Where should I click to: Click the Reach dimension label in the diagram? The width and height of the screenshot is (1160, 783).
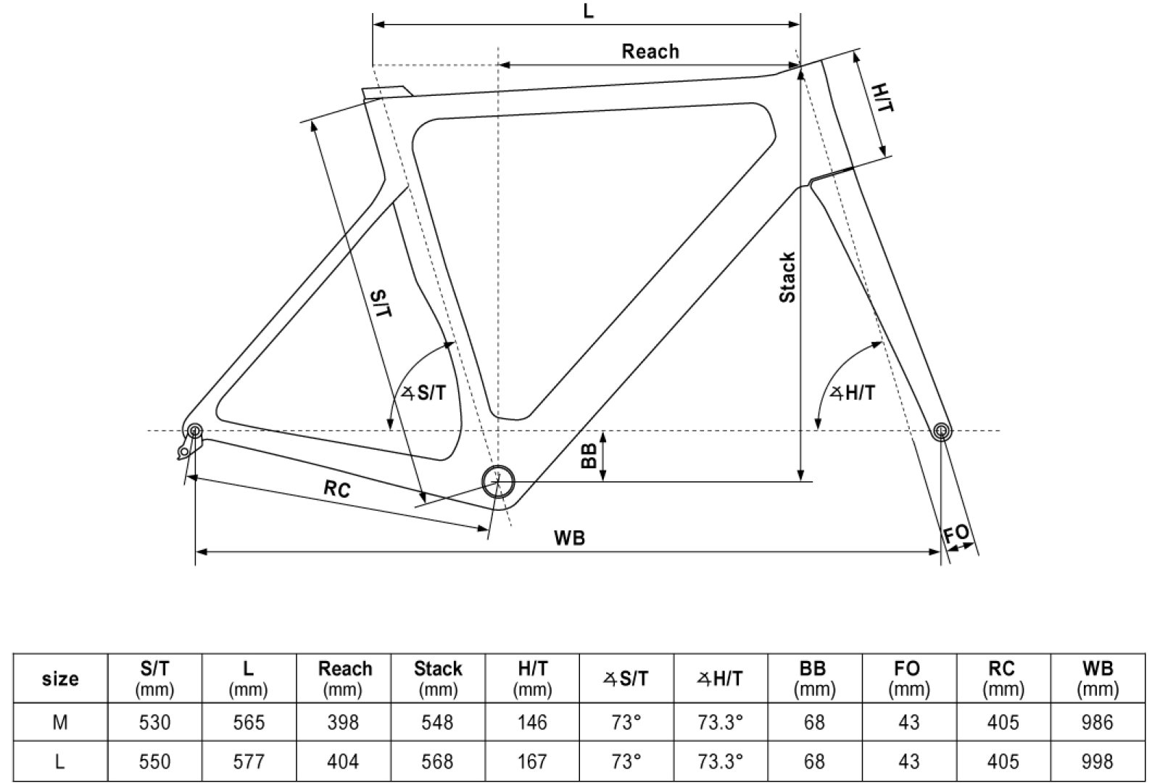click(x=650, y=52)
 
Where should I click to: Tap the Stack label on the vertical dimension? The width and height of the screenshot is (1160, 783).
click(x=787, y=277)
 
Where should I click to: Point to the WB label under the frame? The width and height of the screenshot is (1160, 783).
click(x=569, y=538)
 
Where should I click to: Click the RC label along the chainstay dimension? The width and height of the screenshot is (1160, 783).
click(x=337, y=489)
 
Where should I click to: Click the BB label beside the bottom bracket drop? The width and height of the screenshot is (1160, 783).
click(x=589, y=456)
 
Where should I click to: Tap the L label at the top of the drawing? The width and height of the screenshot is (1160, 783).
click(x=588, y=12)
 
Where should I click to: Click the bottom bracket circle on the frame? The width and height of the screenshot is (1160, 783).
click(x=498, y=480)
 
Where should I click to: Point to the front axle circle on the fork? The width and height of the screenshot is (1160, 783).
click(x=941, y=431)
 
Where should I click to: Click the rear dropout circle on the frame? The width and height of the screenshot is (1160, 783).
click(x=195, y=432)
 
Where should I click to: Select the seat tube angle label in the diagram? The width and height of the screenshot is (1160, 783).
click(x=424, y=393)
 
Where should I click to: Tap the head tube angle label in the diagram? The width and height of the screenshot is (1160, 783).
click(x=853, y=393)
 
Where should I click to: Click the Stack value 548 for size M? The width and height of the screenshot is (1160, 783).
click(x=438, y=722)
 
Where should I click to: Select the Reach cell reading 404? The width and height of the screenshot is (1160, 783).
click(x=343, y=761)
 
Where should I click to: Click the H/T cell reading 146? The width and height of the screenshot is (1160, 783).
click(x=531, y=722)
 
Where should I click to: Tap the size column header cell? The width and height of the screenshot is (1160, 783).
click(x=60, y=679)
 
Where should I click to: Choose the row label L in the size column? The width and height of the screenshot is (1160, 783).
click(x=60, y=761)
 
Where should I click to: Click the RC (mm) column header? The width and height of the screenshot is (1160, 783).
click(x=1003, y=679)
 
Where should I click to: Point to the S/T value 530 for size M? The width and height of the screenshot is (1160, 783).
click(x=154, y=722)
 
